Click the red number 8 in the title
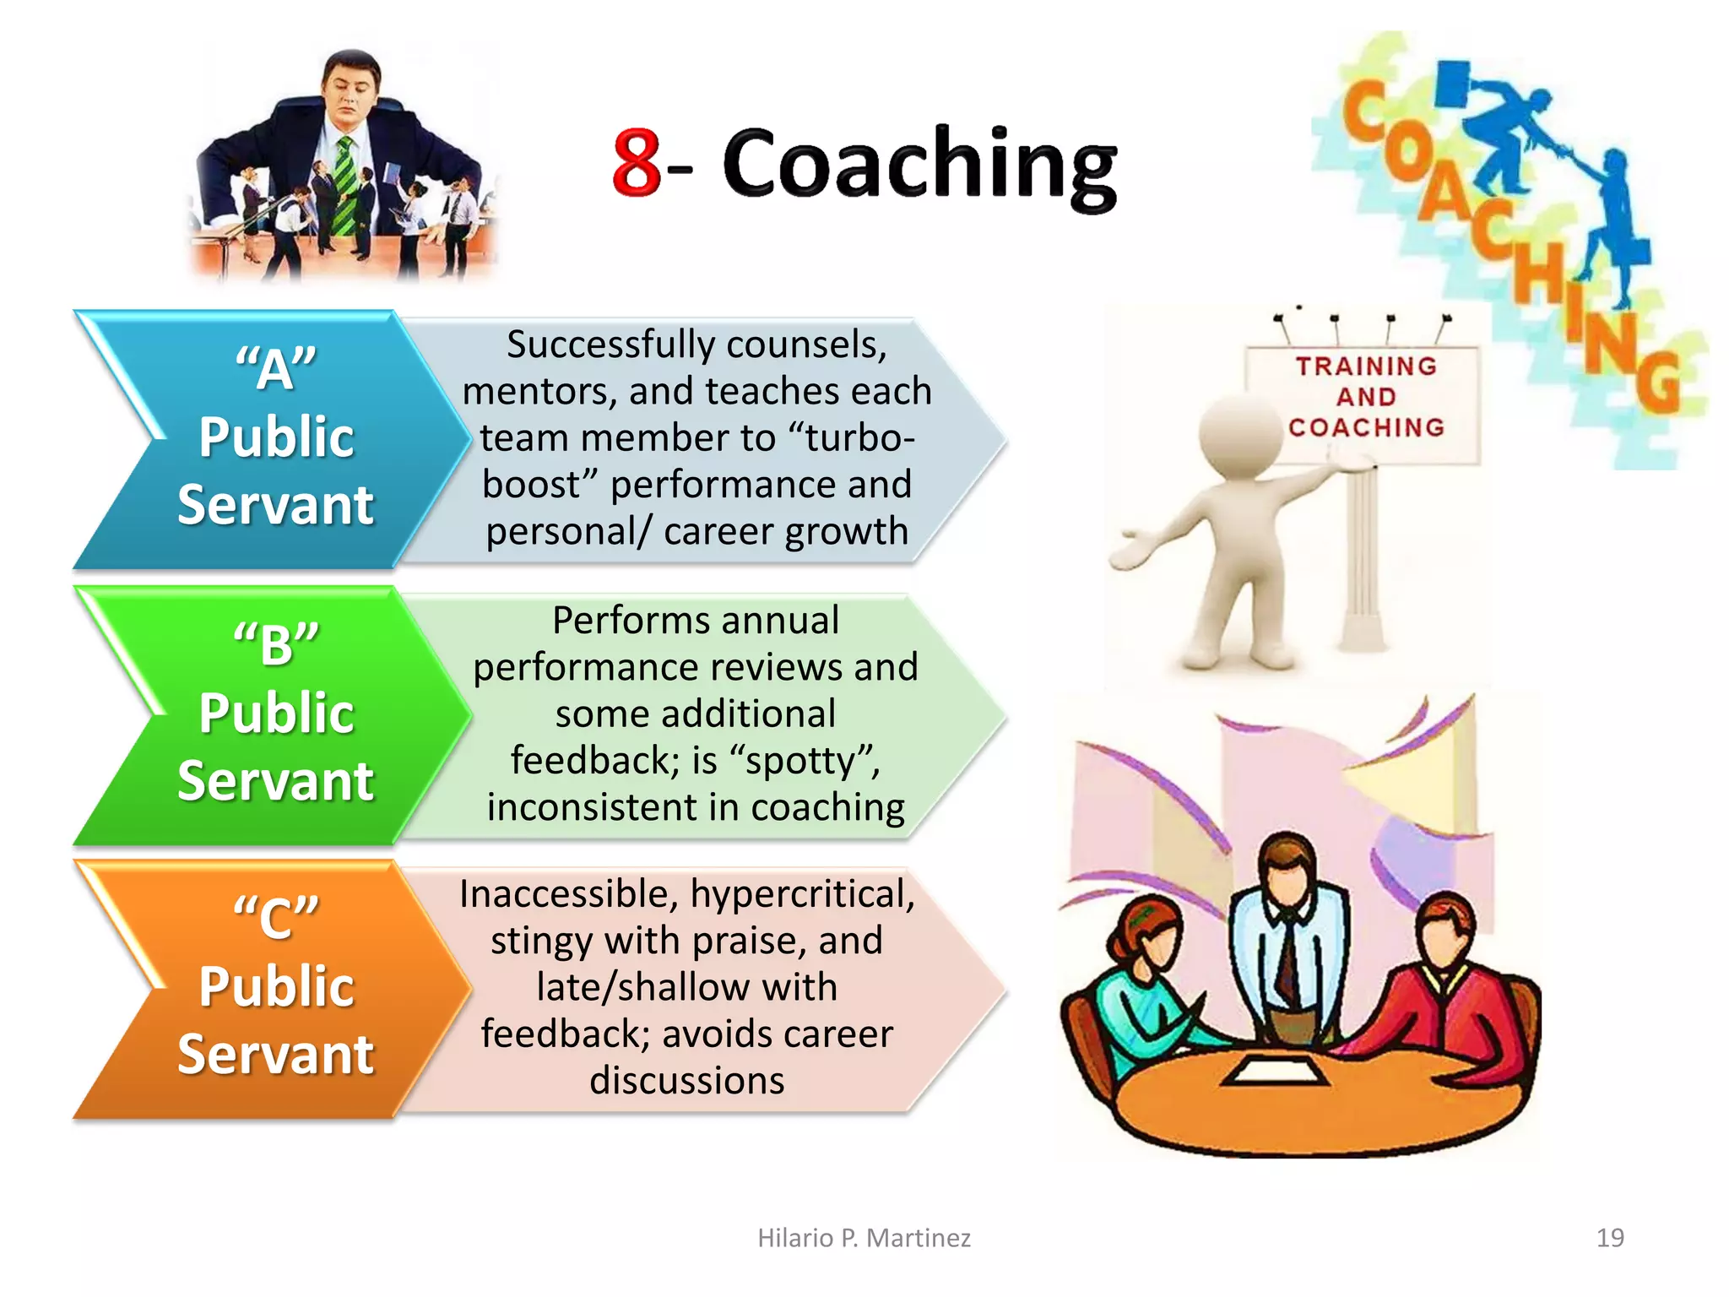pos(637,162)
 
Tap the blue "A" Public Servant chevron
pos(270,439)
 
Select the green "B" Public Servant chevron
pos(270,714)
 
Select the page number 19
pos(1610,1238)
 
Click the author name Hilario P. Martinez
pos(864,1238)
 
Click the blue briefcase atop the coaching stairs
pos(1453,83)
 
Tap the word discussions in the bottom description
pos(687,1081)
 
